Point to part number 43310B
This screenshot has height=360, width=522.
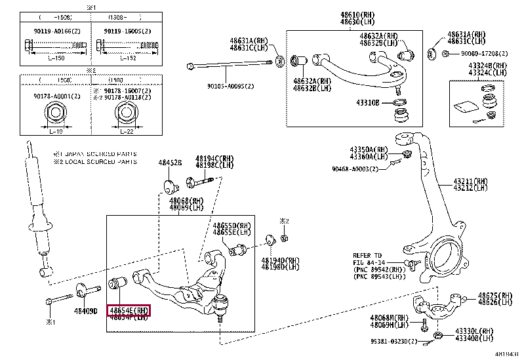click(368, 102)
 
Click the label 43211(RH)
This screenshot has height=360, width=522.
click(471, 181)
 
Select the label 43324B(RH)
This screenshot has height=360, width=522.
click(491, 66)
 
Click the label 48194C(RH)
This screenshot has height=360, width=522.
click(214, 158)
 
